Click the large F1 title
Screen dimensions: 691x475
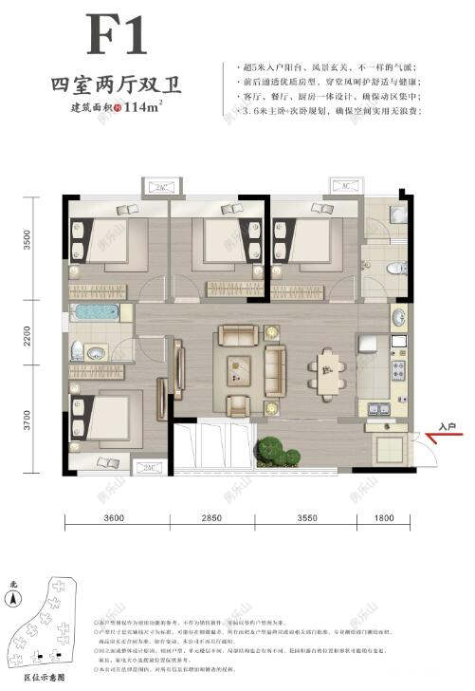[118, 37]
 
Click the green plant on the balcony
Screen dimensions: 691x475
[277, 450]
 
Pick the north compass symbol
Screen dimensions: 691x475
[12, 597]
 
